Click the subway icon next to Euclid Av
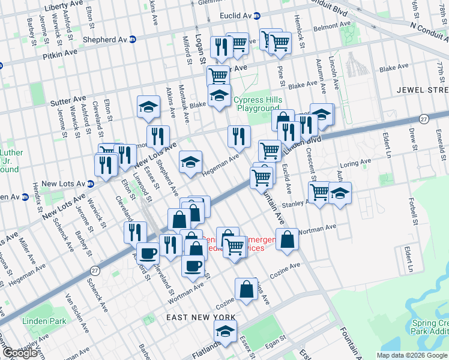click(256, 16)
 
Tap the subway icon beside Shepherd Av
click(133, 40)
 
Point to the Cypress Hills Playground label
click(257, 104)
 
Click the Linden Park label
click(44, 321)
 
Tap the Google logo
click(20, 353)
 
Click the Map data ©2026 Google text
click(412, 355)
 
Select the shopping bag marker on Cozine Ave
click(247, 290)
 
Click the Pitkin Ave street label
click(60, 53)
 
